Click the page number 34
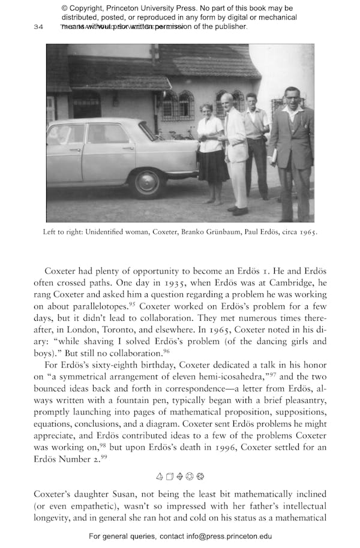pyautogui.click(x=38, y=27)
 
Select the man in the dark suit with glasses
pyautogui.click(x=291, y=150)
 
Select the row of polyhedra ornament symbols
pyautogui.click(x=180, y=477)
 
